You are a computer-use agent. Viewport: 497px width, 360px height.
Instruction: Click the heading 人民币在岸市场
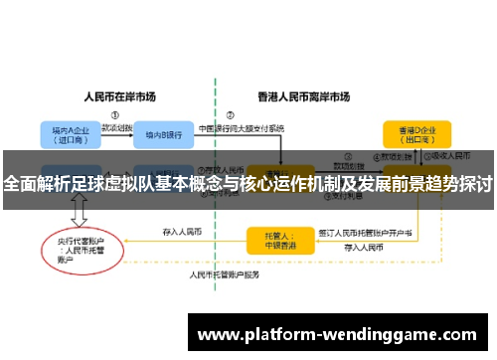coord(119,97)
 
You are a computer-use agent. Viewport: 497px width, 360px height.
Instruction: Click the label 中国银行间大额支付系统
coord(243,128)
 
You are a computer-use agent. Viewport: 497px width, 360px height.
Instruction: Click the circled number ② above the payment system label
coord(230,114)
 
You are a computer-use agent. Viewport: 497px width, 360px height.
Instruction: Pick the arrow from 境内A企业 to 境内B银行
coord(114,135)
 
